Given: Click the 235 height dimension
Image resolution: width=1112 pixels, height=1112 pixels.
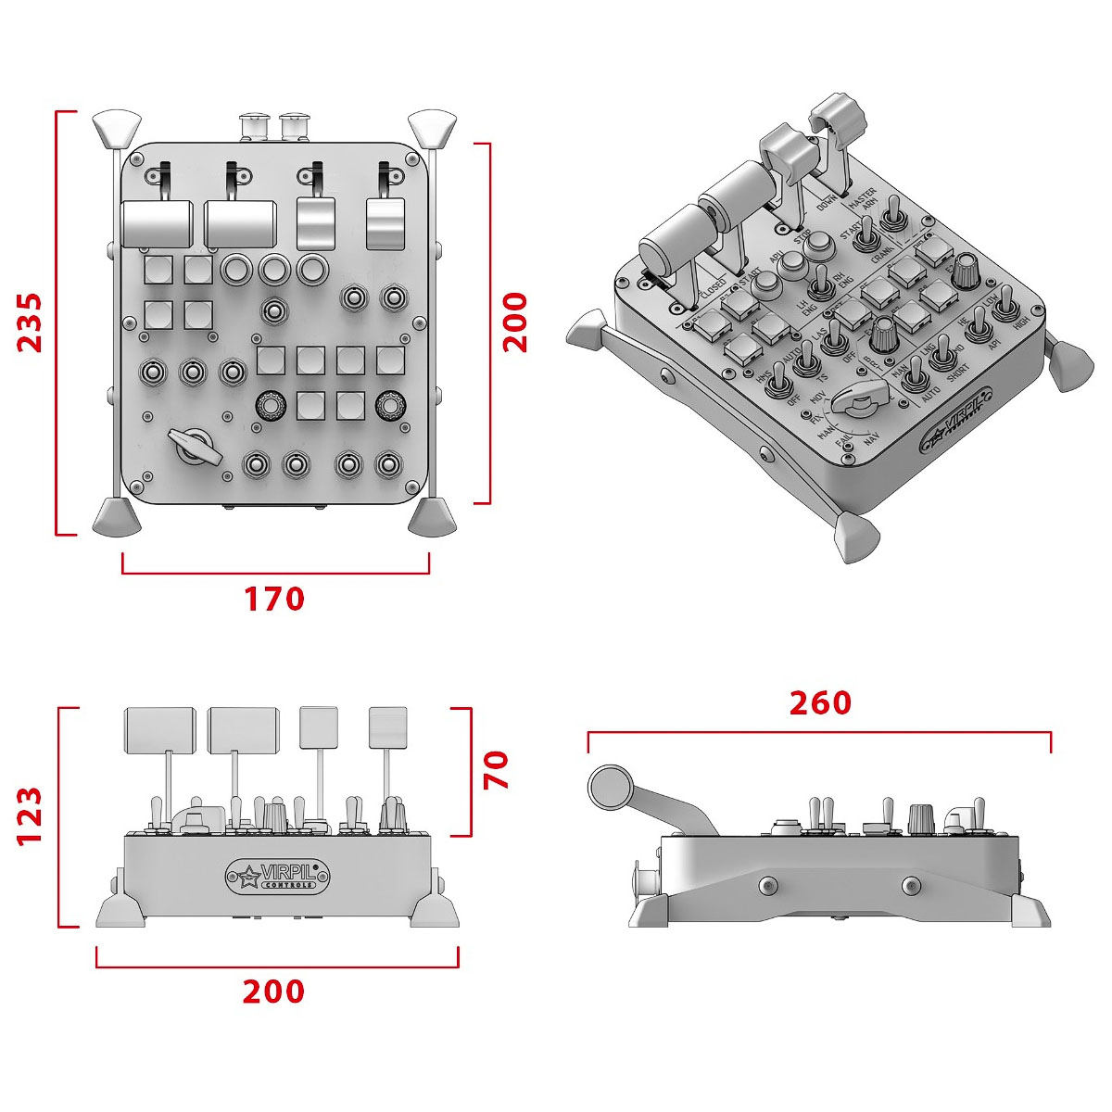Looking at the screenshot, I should pyautogui.click(x=31, y=322).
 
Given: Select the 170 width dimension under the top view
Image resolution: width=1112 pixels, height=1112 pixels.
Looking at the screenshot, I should pyautogui.click(x=274, y=599).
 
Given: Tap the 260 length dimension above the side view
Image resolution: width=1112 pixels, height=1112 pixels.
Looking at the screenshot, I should pyautogui.click(x=819, y=703).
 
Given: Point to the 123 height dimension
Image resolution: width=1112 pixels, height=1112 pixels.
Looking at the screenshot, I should pyautogui.click(x=31, y=815).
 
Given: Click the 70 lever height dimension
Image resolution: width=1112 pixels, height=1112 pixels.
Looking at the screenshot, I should pyautogui.click(x=497, y=770).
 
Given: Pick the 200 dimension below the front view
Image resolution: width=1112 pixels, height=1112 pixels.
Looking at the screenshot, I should pyautogui.click(x=273, y=992).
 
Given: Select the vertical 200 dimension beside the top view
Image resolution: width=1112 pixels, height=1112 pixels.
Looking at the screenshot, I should pyautogui.click(x=514, y=322).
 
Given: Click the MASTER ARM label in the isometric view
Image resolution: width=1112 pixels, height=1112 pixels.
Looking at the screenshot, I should pyautogui.click(x=864, y=201).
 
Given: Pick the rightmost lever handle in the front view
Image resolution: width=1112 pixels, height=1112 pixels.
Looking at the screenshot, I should pyautogui.click(x=387, y=727).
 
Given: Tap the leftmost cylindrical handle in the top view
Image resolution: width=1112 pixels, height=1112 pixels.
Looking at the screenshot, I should pyautogui.click(x=156, y=223).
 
